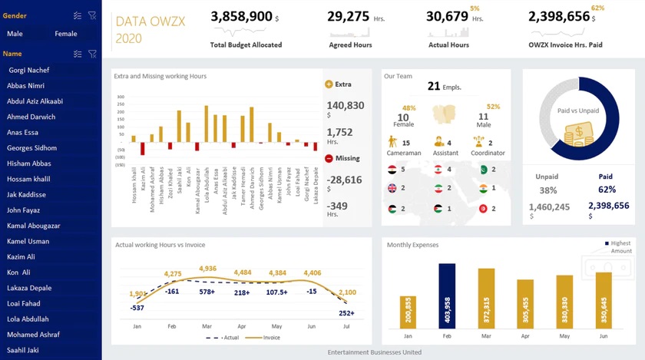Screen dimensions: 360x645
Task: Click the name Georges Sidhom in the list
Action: coord(31,148)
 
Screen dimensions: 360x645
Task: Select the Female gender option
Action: coord(66,34)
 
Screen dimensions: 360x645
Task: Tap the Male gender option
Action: coord(15,34)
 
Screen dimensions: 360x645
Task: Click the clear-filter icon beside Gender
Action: coord(92,15)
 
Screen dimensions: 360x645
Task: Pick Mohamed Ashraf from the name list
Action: coord(33,335)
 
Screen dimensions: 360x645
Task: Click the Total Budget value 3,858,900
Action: coord(241,16)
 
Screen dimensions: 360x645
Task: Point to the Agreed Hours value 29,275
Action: coord(349,16)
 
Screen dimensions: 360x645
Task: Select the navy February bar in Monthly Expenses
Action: coord(447,296)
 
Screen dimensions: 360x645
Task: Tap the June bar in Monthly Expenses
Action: coord(604,302)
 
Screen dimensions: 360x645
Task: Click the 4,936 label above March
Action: coord(207,269)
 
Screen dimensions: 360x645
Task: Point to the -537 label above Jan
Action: coord(137,308)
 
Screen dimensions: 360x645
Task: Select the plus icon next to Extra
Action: coord(329,84)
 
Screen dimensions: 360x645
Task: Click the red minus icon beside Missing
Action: coord(329,158)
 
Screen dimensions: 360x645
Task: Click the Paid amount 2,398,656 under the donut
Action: coord(607,206)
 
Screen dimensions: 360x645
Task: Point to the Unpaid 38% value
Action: coord(547,190)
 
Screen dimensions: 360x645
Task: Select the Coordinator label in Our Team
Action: coord(488,153)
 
